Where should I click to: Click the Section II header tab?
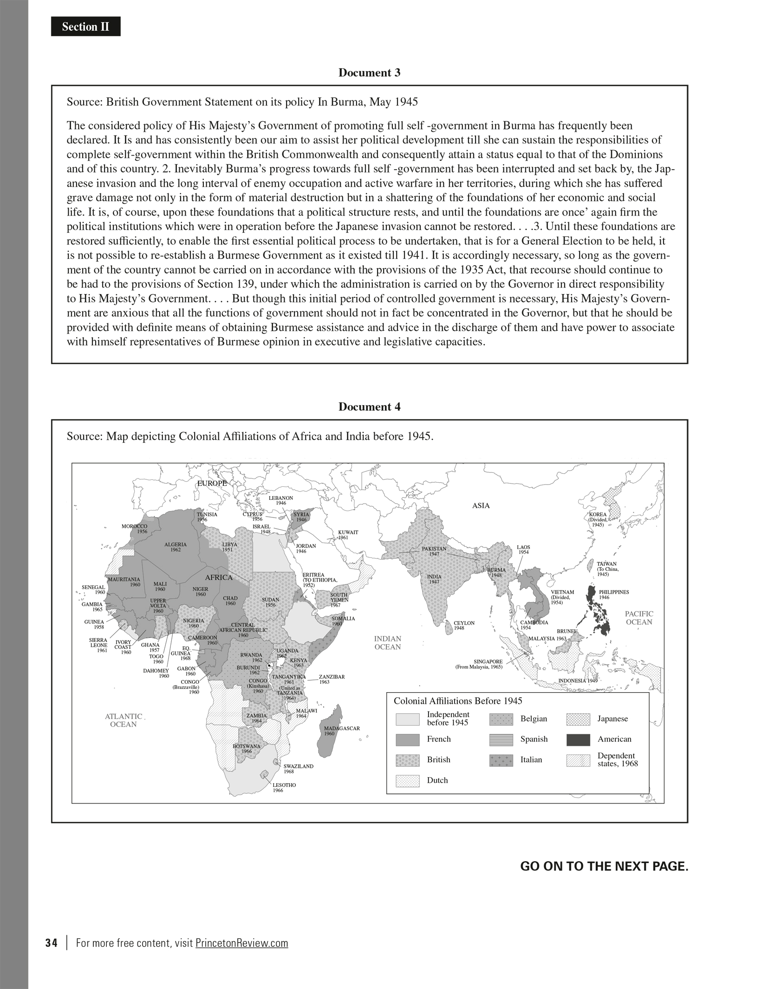85,27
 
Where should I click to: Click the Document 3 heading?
369,72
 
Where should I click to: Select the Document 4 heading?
369,407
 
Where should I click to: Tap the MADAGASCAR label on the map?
342,731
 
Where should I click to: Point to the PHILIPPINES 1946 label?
614,595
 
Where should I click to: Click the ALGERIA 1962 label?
176,547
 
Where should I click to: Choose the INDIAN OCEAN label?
387,643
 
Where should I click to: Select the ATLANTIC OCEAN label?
124,720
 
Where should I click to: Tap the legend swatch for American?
578,740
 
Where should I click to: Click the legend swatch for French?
407,740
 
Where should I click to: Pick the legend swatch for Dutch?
407,781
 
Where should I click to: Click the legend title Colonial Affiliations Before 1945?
458,701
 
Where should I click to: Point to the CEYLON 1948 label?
464,625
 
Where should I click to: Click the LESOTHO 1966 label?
284,787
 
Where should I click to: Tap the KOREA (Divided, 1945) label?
598,519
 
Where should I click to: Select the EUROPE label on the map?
212,483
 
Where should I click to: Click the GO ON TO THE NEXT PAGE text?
604,866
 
